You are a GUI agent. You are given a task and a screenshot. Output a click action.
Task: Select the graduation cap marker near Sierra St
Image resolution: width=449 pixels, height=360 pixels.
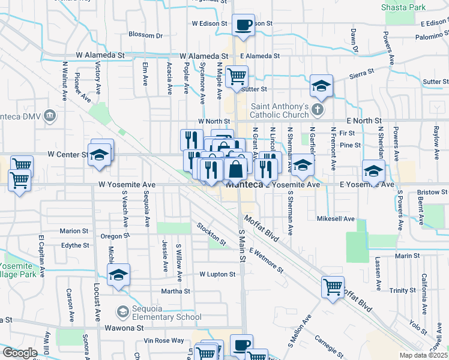(321, 86)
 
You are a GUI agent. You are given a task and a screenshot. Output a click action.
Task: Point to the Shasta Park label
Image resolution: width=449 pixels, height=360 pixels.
(403, 8)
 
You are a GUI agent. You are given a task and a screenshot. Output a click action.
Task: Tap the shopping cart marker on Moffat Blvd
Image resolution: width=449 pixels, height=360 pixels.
(333, 286)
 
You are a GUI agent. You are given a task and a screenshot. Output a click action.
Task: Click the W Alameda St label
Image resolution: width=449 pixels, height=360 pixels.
(100, 55)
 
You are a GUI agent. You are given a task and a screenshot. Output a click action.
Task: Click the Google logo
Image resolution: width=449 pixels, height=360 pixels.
(20, 353)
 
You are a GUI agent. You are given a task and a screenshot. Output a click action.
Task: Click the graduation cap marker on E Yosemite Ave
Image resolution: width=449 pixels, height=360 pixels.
(373, 171)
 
